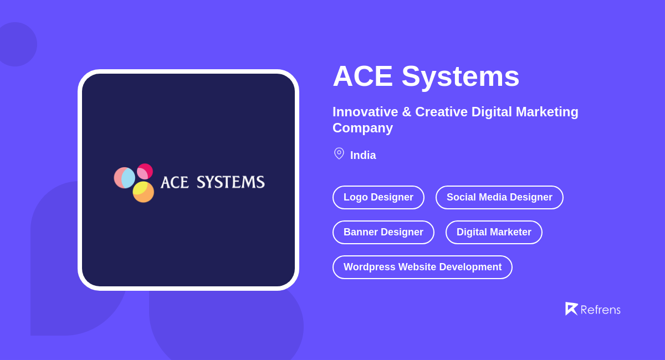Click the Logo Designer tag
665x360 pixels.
pyautogui.click(x=378, y=197)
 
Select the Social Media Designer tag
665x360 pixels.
pyautogui.click(x=499, y=197)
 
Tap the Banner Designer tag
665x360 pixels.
pyautogui.click(x=383, y=232)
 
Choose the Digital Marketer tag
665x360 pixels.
pyautogui.click(x=494, y=232)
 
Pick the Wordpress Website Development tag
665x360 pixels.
pyautogui.click(x=422, y=267)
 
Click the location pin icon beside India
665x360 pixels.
pyautogui.click(x=339, y=153)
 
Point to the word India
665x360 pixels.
pyautogui.click(x=363, y=156)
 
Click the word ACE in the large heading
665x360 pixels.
pyautogui.click(x=362, y=76)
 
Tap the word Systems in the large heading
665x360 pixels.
pyautogui.click(x=461, y=76)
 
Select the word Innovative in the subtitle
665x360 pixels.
pyautogui.click(x=365, y=112)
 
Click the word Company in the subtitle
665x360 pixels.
pyautogui.click(x=362, y=128)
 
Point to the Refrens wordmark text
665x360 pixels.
pyautogui.click(x=600, y=310)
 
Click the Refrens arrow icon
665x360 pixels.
pyautogui.click(x=571, y=308)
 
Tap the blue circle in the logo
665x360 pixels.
pyautogui.click(x=127, y=178)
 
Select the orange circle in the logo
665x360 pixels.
pyautogui.click(x=145, y=193)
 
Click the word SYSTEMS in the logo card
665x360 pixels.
pyautogui.click(x=231, y=182)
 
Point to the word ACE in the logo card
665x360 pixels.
pyautogui.click(x=175, y=182)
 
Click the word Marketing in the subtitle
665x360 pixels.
pyautogui.click(x=547, y=112)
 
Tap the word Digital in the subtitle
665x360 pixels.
pyautogui.click(x=492, y=112)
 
